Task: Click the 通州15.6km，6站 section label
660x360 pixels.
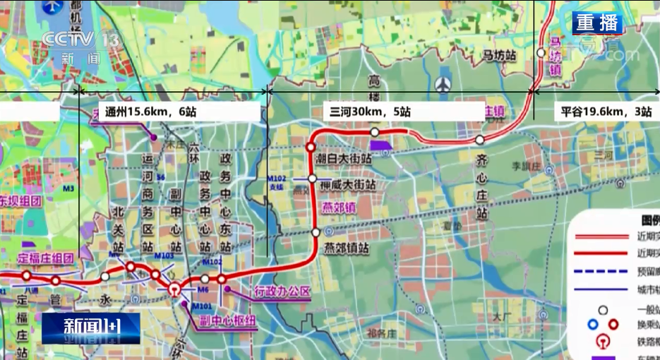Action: [150, 112]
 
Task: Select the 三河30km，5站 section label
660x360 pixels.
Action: [370, 112]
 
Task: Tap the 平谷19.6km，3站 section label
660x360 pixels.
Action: [605, 112]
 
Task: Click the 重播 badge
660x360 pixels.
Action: [597, 23]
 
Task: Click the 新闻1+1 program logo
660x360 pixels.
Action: [92, 328]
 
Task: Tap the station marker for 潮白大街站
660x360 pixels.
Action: [310, 148]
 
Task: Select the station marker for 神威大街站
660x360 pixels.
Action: [312, 179]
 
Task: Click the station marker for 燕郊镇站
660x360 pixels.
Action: [316, 232]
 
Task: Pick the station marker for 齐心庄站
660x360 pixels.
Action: [480, 140]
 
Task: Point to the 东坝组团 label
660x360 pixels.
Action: [22, 200]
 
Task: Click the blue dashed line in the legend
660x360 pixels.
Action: [601, 271]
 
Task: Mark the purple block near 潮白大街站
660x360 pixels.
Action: [382, 146]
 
